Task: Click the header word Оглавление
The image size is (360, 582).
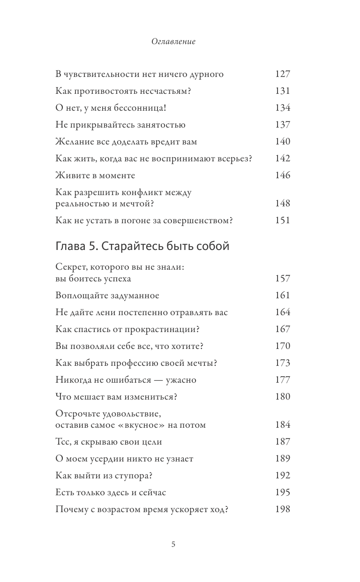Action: (173, 42)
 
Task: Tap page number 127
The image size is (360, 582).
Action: (283, 74)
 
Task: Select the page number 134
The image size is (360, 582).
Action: (283, 108)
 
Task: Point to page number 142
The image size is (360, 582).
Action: (283, 159)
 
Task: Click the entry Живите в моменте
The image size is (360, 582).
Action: (95, 175)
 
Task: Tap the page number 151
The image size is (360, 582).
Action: (283, 220)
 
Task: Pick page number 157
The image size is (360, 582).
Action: (283, 279)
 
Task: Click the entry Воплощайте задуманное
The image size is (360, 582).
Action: (107, 295)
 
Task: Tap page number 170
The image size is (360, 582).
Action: (283, 346)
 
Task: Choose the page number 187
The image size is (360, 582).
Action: (283, 442)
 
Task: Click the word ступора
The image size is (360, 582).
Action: (135, 476)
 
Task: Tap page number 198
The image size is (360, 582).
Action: (283, 509)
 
